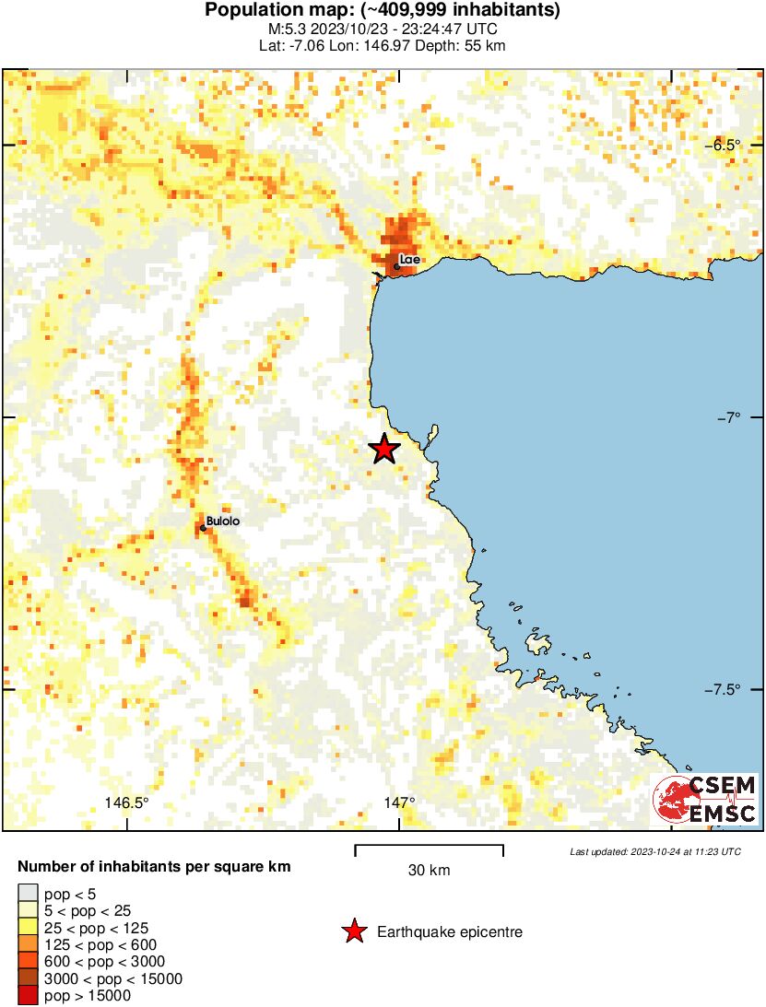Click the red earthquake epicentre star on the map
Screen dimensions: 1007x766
click(x=384, y=449)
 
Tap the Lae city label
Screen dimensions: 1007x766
click(x=410, y=260)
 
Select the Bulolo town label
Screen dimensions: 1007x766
click(x=223, y=521)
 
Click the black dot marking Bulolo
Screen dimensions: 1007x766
click(x=203, y=528)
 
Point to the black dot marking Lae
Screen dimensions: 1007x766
click(x=396, y=267)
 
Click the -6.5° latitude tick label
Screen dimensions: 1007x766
click(x=724, y=145)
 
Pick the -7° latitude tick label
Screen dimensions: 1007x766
click(x=728, y=417)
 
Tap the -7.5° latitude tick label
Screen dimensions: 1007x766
click(x=724, y=689)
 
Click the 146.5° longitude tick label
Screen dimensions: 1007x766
click(x=126, y=802)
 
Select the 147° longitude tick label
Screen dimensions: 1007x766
click(x=399, y=802)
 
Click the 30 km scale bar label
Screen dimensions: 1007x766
click(x=429, y=870)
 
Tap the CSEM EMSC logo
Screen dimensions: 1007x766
click(x=706, y=799)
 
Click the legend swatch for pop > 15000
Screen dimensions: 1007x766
click(x=28, y=995)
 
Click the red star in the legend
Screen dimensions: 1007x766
click(x=353, y=932)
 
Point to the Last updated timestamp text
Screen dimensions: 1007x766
click(x=655, y=851)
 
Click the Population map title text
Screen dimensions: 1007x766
click(x=383, y=10)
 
